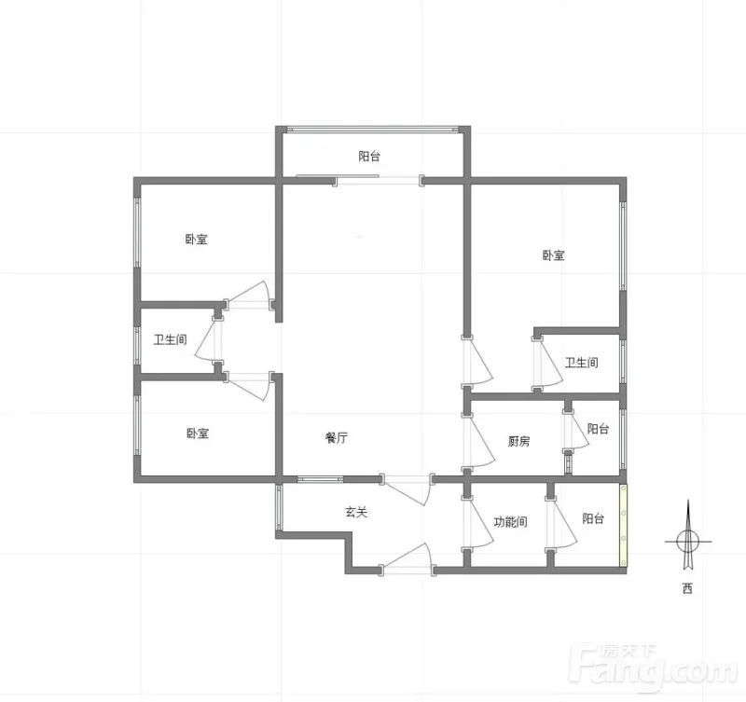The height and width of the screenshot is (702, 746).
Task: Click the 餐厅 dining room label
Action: click(337, 437)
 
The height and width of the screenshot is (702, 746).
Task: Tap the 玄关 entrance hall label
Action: click(356, 512)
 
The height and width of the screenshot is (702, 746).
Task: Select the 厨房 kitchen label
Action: click(518, 441)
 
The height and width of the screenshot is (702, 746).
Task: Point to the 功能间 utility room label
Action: click(510, 522)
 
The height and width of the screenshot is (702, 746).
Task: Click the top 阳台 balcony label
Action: click(369, 156)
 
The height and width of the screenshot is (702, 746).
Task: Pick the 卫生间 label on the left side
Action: click(170, 339)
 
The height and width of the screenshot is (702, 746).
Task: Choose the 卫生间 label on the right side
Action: click(581, 363)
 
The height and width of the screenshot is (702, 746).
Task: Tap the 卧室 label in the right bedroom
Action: click(554, 255)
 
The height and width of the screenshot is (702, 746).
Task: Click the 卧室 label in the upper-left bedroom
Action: click(197, 239)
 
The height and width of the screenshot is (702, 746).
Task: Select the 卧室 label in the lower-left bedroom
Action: click(198, 434)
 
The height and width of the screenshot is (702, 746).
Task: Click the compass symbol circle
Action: click(688, 542)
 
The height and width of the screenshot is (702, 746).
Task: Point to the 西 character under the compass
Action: click(687, 589)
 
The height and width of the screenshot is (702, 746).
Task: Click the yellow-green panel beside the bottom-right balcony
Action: click(623, 525)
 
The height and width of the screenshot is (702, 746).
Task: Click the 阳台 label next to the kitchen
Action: click(598, 429)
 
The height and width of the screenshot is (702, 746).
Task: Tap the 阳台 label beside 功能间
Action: click(593, 518)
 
